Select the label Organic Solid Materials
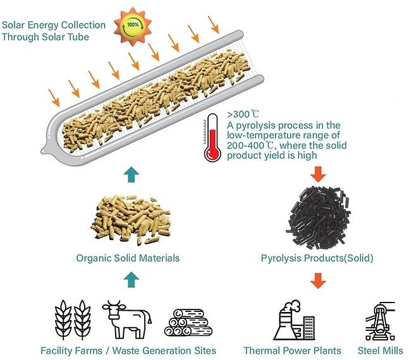click(128, 258)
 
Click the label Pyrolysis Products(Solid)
click(317, 258)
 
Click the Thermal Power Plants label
click(292, 351)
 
